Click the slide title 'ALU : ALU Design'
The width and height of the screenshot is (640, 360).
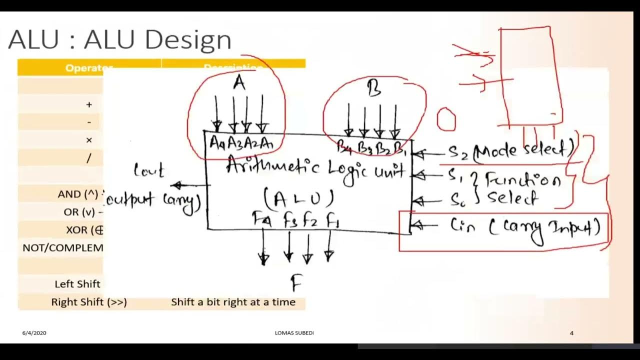[x=119, y=40]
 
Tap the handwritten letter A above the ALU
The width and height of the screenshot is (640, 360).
[x=239, y=83]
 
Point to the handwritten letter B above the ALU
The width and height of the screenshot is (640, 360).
[x=373, y=89]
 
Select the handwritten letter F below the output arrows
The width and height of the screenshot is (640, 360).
[x=296, y=284]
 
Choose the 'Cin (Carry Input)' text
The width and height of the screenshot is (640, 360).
[x=525, y=227]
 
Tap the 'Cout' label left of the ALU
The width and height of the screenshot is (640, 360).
[x=148, y=171]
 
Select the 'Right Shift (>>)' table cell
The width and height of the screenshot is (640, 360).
[x=89, y=302]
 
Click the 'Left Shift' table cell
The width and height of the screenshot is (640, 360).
[x=77, y=284]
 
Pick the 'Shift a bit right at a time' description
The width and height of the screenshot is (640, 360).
[x=233, y=302]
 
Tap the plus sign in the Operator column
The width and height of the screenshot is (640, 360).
[x=89, y=104]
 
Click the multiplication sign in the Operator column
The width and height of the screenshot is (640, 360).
[x=89, y=140]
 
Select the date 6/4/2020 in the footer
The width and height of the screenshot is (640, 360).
[x=34, y=333]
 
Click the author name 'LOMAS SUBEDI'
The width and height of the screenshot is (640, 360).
[x=294, y=333]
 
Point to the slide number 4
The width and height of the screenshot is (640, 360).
[x=571, y=333]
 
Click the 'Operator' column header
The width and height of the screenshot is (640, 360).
[x=89, y=68]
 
